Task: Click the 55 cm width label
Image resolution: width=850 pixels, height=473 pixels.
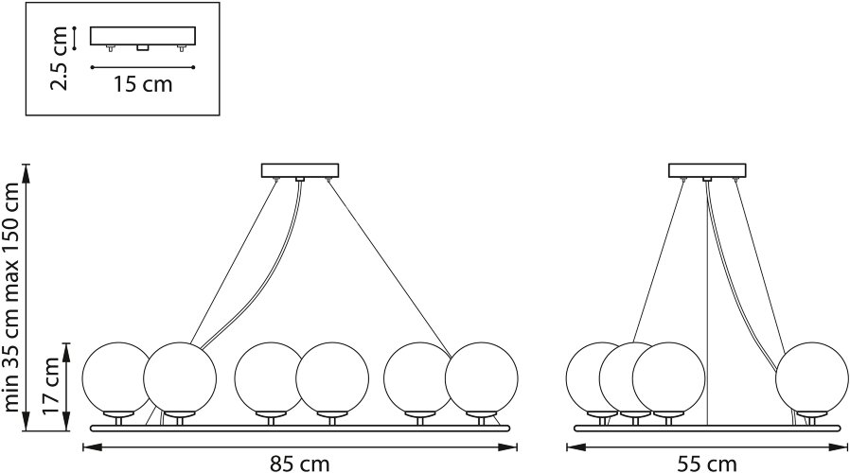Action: pos(707,463)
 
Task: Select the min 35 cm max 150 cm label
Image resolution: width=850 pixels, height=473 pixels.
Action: pos(12,297)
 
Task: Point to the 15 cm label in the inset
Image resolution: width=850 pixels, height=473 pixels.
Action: pos(143,84)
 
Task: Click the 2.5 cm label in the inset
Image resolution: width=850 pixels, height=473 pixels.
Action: pos(61,58)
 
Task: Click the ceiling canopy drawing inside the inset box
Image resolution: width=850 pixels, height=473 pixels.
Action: pos(143,37)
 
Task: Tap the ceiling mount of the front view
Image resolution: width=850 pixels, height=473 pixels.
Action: pos(300,171)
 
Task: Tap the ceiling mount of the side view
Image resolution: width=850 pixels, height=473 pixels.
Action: pos(706,171)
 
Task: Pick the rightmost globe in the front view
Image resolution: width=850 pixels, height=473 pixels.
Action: pos(482,377)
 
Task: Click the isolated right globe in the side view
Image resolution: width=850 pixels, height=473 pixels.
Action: pos(810,377)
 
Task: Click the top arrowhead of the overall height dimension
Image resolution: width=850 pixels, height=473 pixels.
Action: pos(28,169)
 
